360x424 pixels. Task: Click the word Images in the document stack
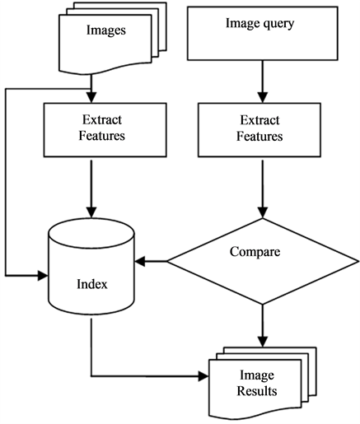(x=106, y=30)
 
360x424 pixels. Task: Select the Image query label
(x=259, y=24)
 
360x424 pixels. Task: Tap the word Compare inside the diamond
(x=255, y=252)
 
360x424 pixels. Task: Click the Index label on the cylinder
(x=92, y=284)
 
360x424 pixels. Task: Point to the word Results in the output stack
(x=257, y=391)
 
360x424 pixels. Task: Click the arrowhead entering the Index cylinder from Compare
(x=139, y=261)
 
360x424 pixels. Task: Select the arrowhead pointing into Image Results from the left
(x=203, y=376)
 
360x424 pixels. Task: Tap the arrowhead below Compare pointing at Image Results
(x=263, y=342)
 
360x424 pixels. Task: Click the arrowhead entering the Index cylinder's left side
(x=43, y=275)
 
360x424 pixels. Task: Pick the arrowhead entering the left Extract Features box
(x=91, y=97)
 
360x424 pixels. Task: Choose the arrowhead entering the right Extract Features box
(x=263, y=97)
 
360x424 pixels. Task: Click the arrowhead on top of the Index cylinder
(x=91, y=212)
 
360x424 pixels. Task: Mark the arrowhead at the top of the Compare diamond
(x=263, y=212)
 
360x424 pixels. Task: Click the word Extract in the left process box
(x=102, y=120)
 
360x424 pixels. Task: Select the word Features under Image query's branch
(x=259, y=137)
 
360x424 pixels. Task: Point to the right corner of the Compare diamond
(x=358, y=261)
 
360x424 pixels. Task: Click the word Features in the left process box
(x=102, y=136)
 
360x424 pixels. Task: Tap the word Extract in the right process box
(x=259, y=120)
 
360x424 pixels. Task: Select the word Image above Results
(x=257, y=375)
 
